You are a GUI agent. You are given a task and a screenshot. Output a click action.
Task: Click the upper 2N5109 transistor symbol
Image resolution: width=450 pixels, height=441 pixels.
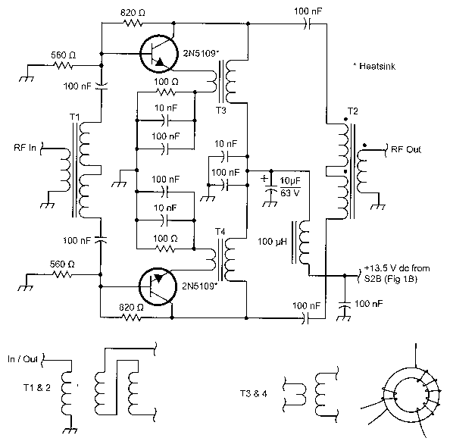coord(158,54)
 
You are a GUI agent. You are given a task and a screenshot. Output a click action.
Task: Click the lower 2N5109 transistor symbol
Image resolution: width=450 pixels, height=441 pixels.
coord(158,286)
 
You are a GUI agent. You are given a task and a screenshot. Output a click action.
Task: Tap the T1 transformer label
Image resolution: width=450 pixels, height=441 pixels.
coord(74,117)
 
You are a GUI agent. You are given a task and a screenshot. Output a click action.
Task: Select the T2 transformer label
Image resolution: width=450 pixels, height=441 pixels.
coord(353,111)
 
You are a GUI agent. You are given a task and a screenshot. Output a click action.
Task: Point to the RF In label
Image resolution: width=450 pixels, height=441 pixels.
coord(25,148)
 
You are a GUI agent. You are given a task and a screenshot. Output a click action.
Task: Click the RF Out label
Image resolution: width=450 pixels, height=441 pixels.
coord(406,149)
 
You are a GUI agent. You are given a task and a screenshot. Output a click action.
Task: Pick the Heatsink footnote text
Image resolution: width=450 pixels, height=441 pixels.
coord(374,67)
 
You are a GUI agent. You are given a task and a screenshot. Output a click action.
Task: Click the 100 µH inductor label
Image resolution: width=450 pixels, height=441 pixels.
coord(272,242)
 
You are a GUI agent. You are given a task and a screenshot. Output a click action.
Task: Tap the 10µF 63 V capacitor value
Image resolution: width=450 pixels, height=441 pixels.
coord(290,187)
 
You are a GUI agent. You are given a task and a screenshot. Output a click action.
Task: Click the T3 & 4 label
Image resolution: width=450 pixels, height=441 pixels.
coord(254,393)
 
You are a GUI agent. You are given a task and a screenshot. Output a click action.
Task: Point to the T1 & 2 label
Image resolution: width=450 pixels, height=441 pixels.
coord(36,388)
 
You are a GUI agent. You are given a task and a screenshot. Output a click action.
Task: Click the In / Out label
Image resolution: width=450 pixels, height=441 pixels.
coord(23,359)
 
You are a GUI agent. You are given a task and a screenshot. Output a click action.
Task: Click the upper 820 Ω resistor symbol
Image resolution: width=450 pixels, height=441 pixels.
coord(133,23)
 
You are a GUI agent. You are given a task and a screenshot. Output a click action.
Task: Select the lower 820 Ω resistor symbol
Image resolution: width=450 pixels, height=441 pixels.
coord(131,317)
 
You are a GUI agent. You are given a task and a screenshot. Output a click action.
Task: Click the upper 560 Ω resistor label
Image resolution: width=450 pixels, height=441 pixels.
coord(64,55)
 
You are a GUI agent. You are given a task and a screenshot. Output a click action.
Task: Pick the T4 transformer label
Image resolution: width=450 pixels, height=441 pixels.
coord(220,231)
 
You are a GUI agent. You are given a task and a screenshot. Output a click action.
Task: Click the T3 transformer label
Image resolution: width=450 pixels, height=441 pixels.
coord(220,111)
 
